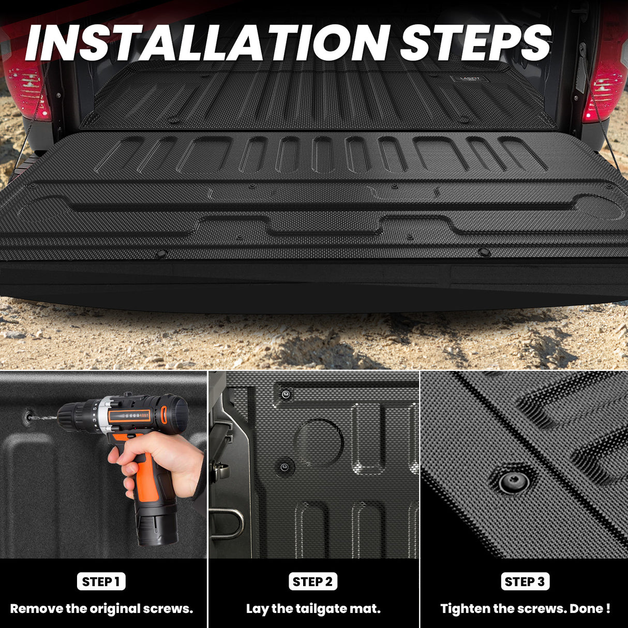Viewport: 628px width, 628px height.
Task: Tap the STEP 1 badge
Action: point(101,581)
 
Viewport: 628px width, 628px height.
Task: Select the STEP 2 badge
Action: point(313,581)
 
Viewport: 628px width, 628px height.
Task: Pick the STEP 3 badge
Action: point(525,581)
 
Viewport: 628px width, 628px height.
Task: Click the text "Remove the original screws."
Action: point(101,609)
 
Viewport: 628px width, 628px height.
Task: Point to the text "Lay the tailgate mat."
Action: point(313,609)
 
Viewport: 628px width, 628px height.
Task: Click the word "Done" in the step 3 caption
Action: point(586,609)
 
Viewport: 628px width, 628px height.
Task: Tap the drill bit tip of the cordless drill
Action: point(29,414)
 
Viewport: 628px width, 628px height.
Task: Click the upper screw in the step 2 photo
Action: point(286,395)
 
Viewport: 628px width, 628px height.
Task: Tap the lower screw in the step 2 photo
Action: point(285,467)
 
